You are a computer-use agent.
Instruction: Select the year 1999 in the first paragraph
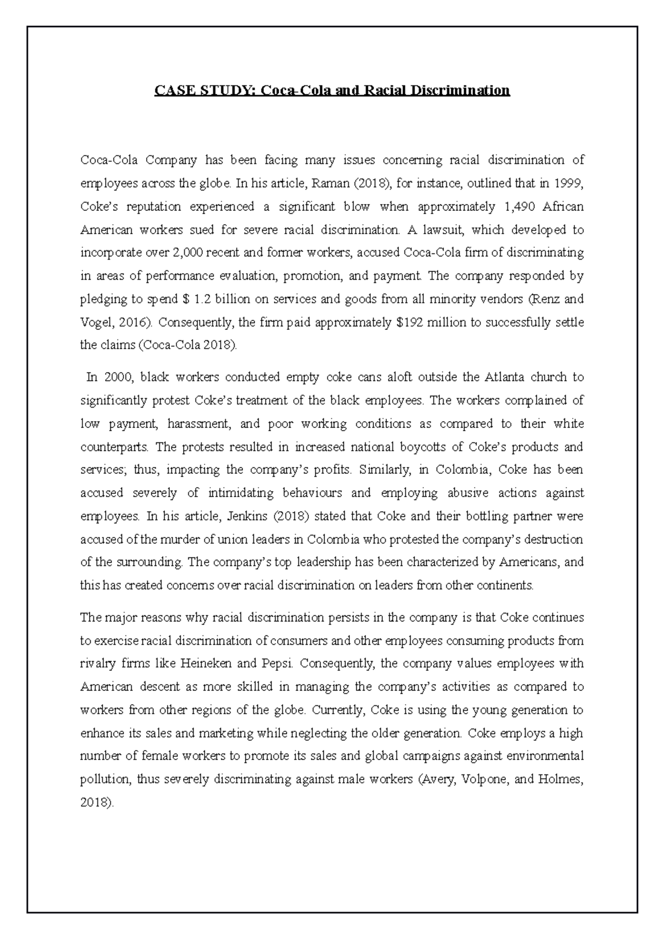coord(570,184)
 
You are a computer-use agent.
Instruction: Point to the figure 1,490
coord(521,207)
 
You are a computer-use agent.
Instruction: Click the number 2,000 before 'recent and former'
coord(188,253)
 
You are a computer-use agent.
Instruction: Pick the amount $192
coord(413,323)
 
